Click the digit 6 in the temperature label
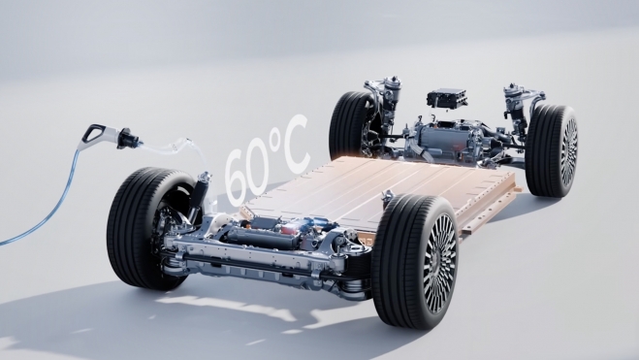click(237, 177)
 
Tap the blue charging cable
click(53, 204)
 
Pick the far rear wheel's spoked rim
click(569, 150)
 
